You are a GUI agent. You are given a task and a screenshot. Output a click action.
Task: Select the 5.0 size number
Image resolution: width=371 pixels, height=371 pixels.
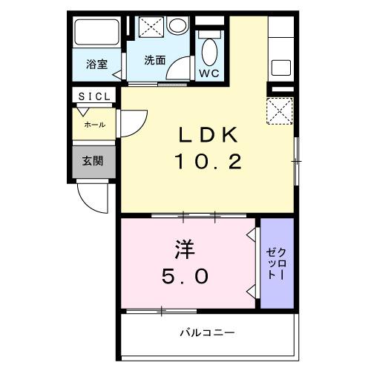pos(186,276)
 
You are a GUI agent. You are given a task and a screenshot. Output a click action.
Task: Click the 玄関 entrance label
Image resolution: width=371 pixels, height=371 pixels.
pos(92,160)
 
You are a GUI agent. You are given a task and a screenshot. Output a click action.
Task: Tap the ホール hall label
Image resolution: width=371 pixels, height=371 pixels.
pos(94,125)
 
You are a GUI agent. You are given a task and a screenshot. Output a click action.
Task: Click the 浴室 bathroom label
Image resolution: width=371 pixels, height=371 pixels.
pos(96,63)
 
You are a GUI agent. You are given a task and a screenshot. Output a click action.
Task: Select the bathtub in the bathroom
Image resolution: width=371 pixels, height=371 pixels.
pos(97,33)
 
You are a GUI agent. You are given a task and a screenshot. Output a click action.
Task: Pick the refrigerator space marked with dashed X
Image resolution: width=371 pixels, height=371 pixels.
pos(280,113)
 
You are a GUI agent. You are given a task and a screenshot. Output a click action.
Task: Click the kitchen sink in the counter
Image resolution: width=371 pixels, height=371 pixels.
pos(280,67)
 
